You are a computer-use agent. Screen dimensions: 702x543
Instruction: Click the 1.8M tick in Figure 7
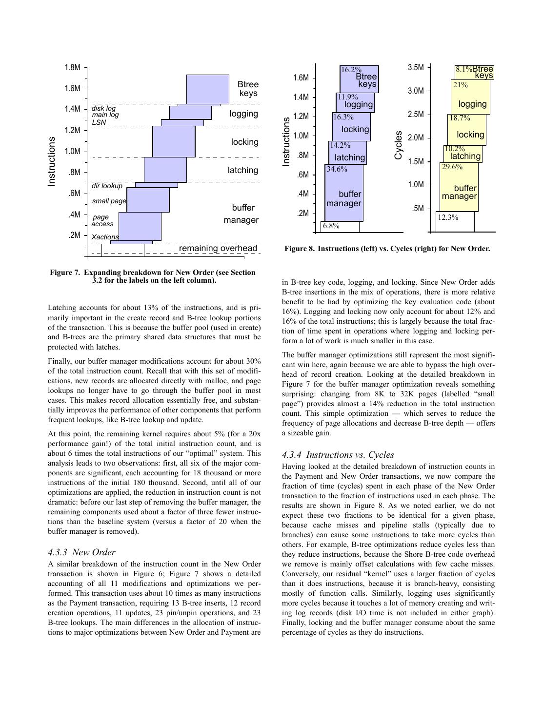pyautogui.click(x=72, y=68)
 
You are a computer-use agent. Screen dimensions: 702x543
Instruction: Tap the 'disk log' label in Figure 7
pyautogui.click(x=103, y=108)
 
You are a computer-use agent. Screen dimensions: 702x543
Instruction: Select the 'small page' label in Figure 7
pyautogui.click(x=109, y=201)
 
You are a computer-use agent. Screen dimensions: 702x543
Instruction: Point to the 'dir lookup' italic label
pyautogui.click(x=107, y=186)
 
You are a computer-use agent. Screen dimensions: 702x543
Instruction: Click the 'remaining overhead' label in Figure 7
pyautogui.click(x=218, y=249)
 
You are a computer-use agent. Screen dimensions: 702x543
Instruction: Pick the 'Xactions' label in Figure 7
pyautogui.click(x=105, y=237)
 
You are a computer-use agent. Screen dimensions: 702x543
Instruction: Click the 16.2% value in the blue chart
pyautogui.click(x=351, y=70)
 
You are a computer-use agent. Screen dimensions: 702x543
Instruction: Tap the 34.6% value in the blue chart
pyautogui.click(x=337, y=169)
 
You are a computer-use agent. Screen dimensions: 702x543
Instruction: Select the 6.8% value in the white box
pyautogui.click(x=331, y=226)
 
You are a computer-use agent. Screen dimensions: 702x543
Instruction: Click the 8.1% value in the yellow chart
pyautogui.click(x=463, y=70)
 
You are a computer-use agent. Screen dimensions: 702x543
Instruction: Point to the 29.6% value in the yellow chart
pyautogui.click(x=452, y=167)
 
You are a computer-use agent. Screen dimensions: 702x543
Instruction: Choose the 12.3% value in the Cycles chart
pyautogui.click(x=447, y=217)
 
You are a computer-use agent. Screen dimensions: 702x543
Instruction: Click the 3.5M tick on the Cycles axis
pyautogui.click(x=416, y=68)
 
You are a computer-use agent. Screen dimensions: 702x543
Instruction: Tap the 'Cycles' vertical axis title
pyautogui.click(x=399, y=145)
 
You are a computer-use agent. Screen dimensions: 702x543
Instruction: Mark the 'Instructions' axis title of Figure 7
pyautogui.click(x=52, y=161)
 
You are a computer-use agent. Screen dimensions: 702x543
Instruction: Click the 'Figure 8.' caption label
pyautogui.click(x=300, y=249)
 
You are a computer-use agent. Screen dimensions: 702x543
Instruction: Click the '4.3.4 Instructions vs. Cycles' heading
pyautogui.click(x=338, y=455)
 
